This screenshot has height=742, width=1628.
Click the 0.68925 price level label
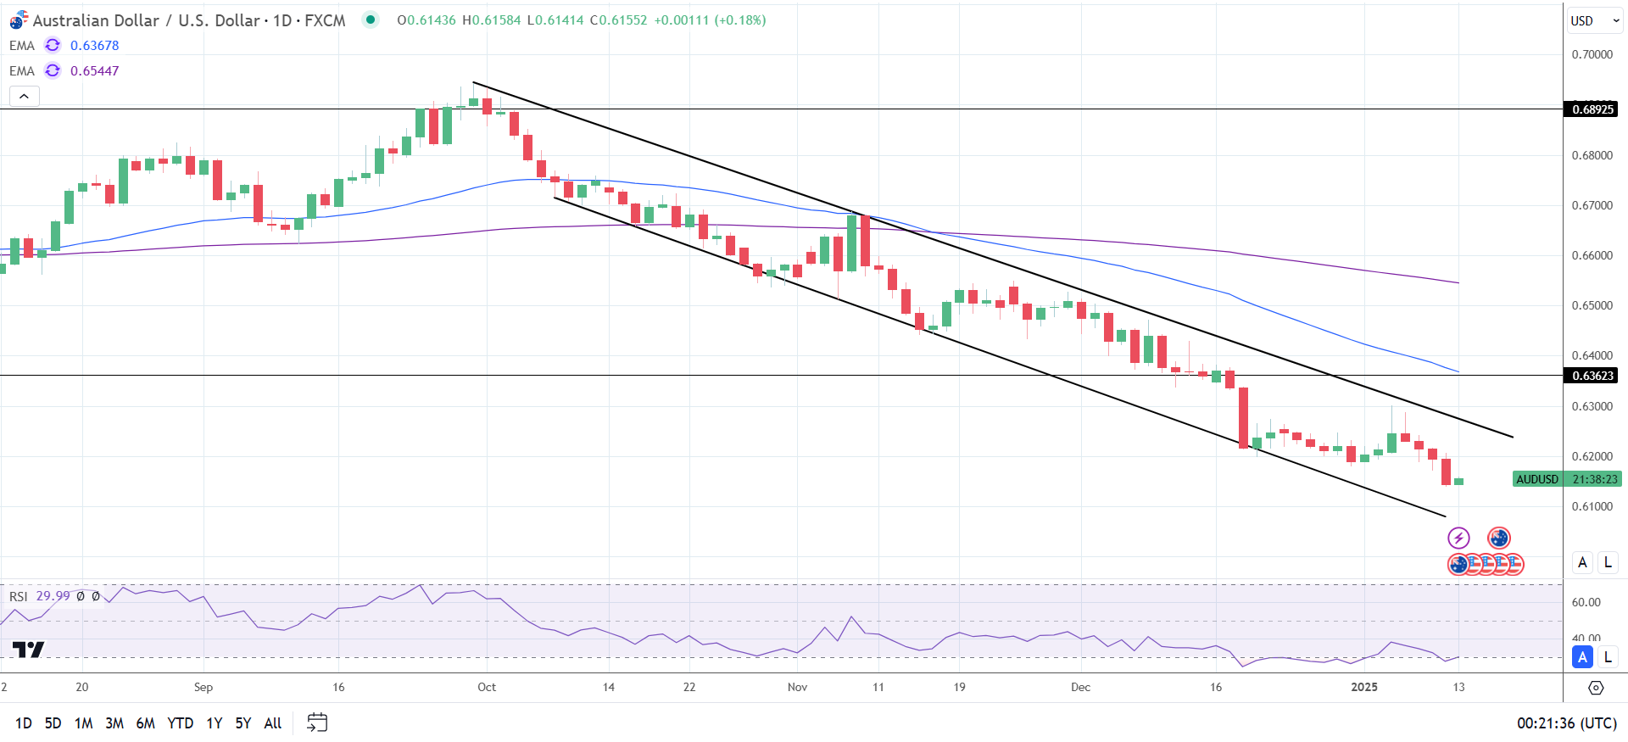pos(1592,109)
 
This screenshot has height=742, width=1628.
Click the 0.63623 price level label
pos(1592,376)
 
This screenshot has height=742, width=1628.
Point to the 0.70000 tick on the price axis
pos(1592,54)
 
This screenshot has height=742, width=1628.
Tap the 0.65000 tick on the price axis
pos(1592,305)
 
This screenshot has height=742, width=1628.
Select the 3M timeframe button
pos(114,723)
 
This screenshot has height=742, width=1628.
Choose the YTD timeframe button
pos(180,723)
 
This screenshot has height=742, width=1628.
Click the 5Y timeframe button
pos(243,723)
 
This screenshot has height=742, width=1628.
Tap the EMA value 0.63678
pos(94,46)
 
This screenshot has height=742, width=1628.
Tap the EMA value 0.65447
pos(94,71)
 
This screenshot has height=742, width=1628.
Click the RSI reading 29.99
pos(53,596)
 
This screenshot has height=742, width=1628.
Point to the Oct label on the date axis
pos(487,687)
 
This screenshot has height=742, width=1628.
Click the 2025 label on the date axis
pos(1363,687)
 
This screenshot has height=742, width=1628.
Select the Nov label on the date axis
pos(797,687)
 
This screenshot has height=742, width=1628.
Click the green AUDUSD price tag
pos(1537,479)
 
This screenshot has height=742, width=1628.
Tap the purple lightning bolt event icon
pos(1458,538)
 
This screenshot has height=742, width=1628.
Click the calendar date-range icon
pos(317,722)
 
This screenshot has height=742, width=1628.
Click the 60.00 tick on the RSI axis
pos(1586,603)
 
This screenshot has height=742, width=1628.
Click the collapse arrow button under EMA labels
pos(24,96)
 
